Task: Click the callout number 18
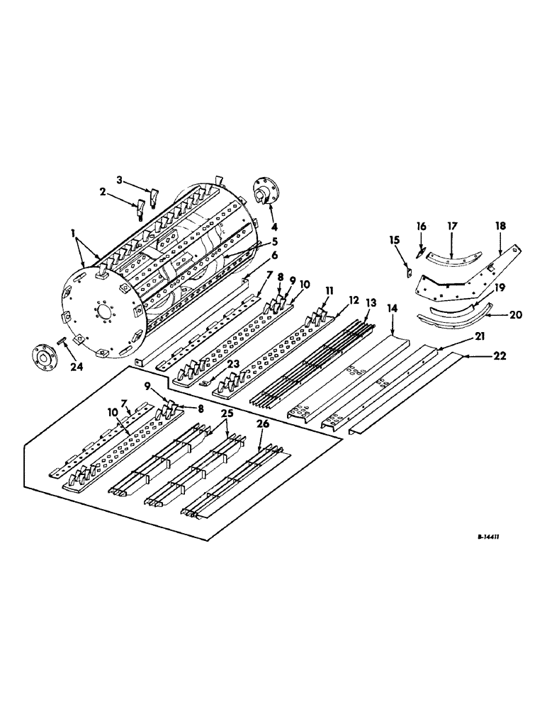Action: (x=500, y=225)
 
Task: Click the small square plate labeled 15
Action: (x=409, y=269)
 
